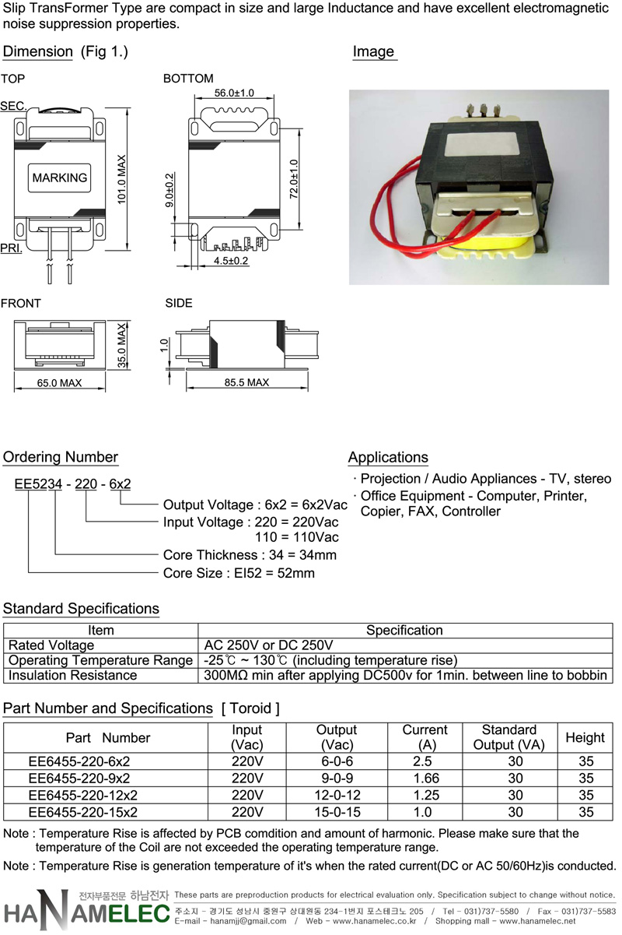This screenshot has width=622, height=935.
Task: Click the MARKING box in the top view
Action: pyautogui.click(x=59, y=178)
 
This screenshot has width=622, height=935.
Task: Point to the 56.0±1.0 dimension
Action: pyautogui.click(x=234, y=93)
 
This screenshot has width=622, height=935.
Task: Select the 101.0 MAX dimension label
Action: pyautogui.click(x=121, y=180)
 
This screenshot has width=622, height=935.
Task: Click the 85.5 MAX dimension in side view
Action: pyautogui.click(x=246, y=382)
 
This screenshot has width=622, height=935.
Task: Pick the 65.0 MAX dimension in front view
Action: pyautogui.click(x=60, y=383)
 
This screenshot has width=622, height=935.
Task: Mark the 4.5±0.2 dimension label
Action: pyautogui.click(x=231, y=261)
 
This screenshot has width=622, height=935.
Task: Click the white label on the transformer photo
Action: pyautogui.click(x=479, y=146)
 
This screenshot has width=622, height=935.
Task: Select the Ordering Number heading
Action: pyautogui.click(x=61, y=457)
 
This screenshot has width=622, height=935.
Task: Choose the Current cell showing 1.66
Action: pyautogui.click(x=426, y=778)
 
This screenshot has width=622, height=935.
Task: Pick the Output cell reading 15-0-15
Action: pyautogui.click(x=337, y=812)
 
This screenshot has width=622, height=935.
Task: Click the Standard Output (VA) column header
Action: pyautogui.click(x=509, y=737)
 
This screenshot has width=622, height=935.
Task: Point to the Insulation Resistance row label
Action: pyautogui.click(x=72, y=676)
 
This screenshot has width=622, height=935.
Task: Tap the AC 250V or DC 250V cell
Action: pyautogui.click(x=268, y=645)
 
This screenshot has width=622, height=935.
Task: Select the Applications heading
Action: pyautogui.click(x=388, y=458)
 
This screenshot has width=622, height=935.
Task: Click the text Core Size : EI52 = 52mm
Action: pyautogui.click(x=239, y=573)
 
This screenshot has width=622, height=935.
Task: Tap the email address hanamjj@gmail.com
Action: pyautogui.click(x=248, y=921)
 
